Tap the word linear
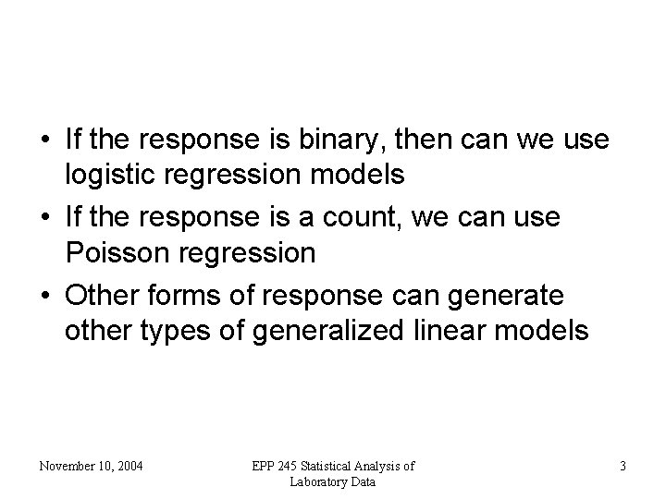[x=475, y=330]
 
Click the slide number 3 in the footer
[x=623, y=467]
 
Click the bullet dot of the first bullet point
[x=44, y=141]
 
